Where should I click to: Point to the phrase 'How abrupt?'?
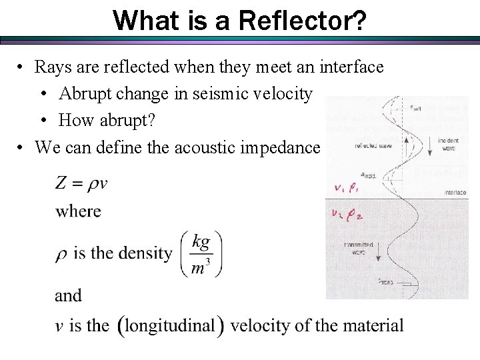pos(104,121)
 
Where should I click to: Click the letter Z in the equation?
pos(61,183)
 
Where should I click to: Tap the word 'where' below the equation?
pos(78,211)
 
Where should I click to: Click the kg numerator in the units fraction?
pos(201,242)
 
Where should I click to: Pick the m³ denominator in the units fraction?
pos(201,267)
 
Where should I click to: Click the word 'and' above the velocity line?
pos(68,295)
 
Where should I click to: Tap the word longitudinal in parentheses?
pos(170,326)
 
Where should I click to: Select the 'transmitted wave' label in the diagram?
pos(358,247)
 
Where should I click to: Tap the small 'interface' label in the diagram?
pos(455,193)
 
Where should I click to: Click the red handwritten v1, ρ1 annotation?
pos(347,188)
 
